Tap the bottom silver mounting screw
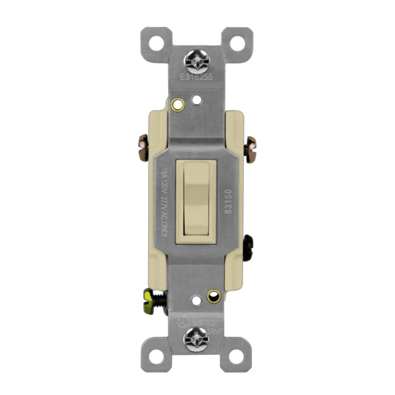pos(196,338)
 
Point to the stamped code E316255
pos(196,77)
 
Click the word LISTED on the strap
pos(204,322)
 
